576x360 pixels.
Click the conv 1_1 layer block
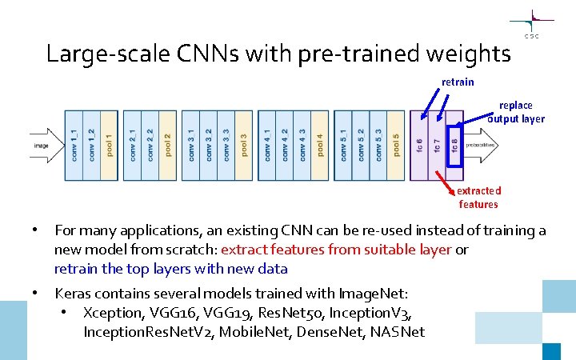[x=74, y=146]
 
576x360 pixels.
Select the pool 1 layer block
[x=110, y=146]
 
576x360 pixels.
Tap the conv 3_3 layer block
[x=227, y=146]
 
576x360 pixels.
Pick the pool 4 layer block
[x=322, y=146]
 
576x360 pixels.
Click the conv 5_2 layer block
[x=361, y=146]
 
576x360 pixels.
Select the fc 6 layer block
[x=419, y=146]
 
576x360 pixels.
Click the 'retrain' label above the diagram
[x=458, y=82]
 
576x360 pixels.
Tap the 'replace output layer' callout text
[x=517, y=112]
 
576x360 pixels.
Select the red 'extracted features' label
[x=478, y=198]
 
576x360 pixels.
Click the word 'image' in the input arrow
[x=42, y=146]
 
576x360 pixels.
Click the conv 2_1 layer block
[x=133, y=146]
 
